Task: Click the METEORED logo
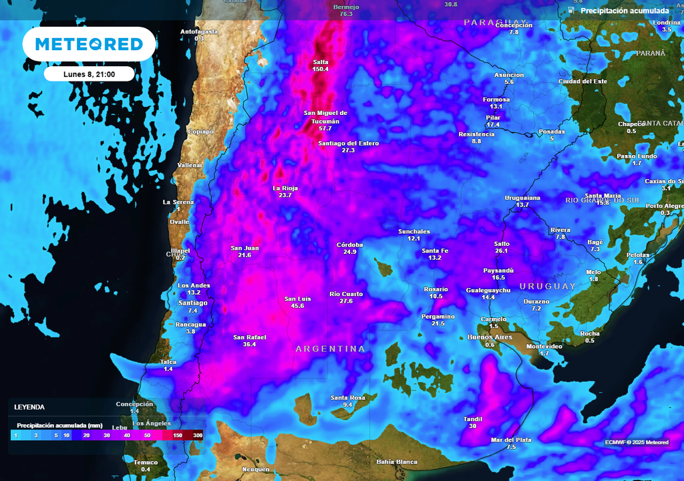click(x=89, y=44)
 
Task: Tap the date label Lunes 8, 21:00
click(x=89, y=74)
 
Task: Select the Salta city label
click(x=321, y=62)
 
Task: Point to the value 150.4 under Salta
click(x=321, y=69)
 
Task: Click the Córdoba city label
click(x=350, y=245)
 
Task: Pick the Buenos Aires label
click(x=490, y=337)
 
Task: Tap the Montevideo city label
click(x=544, y=346)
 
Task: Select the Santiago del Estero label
click(x=348, y=143)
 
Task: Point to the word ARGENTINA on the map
click(x=331, y=349)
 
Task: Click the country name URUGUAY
click(x=548, y=286)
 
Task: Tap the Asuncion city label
click(x=509, y=74)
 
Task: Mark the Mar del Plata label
click(x=511, y=440)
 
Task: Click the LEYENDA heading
click(x=29, y=407)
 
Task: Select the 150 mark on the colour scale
click(x=178, y=435)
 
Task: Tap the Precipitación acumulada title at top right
click(x=624, y=11)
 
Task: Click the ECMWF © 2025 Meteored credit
click(x=637, y=442)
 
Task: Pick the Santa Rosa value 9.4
click(x=347, y=405)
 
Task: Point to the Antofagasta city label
click(x=199, y=31)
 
